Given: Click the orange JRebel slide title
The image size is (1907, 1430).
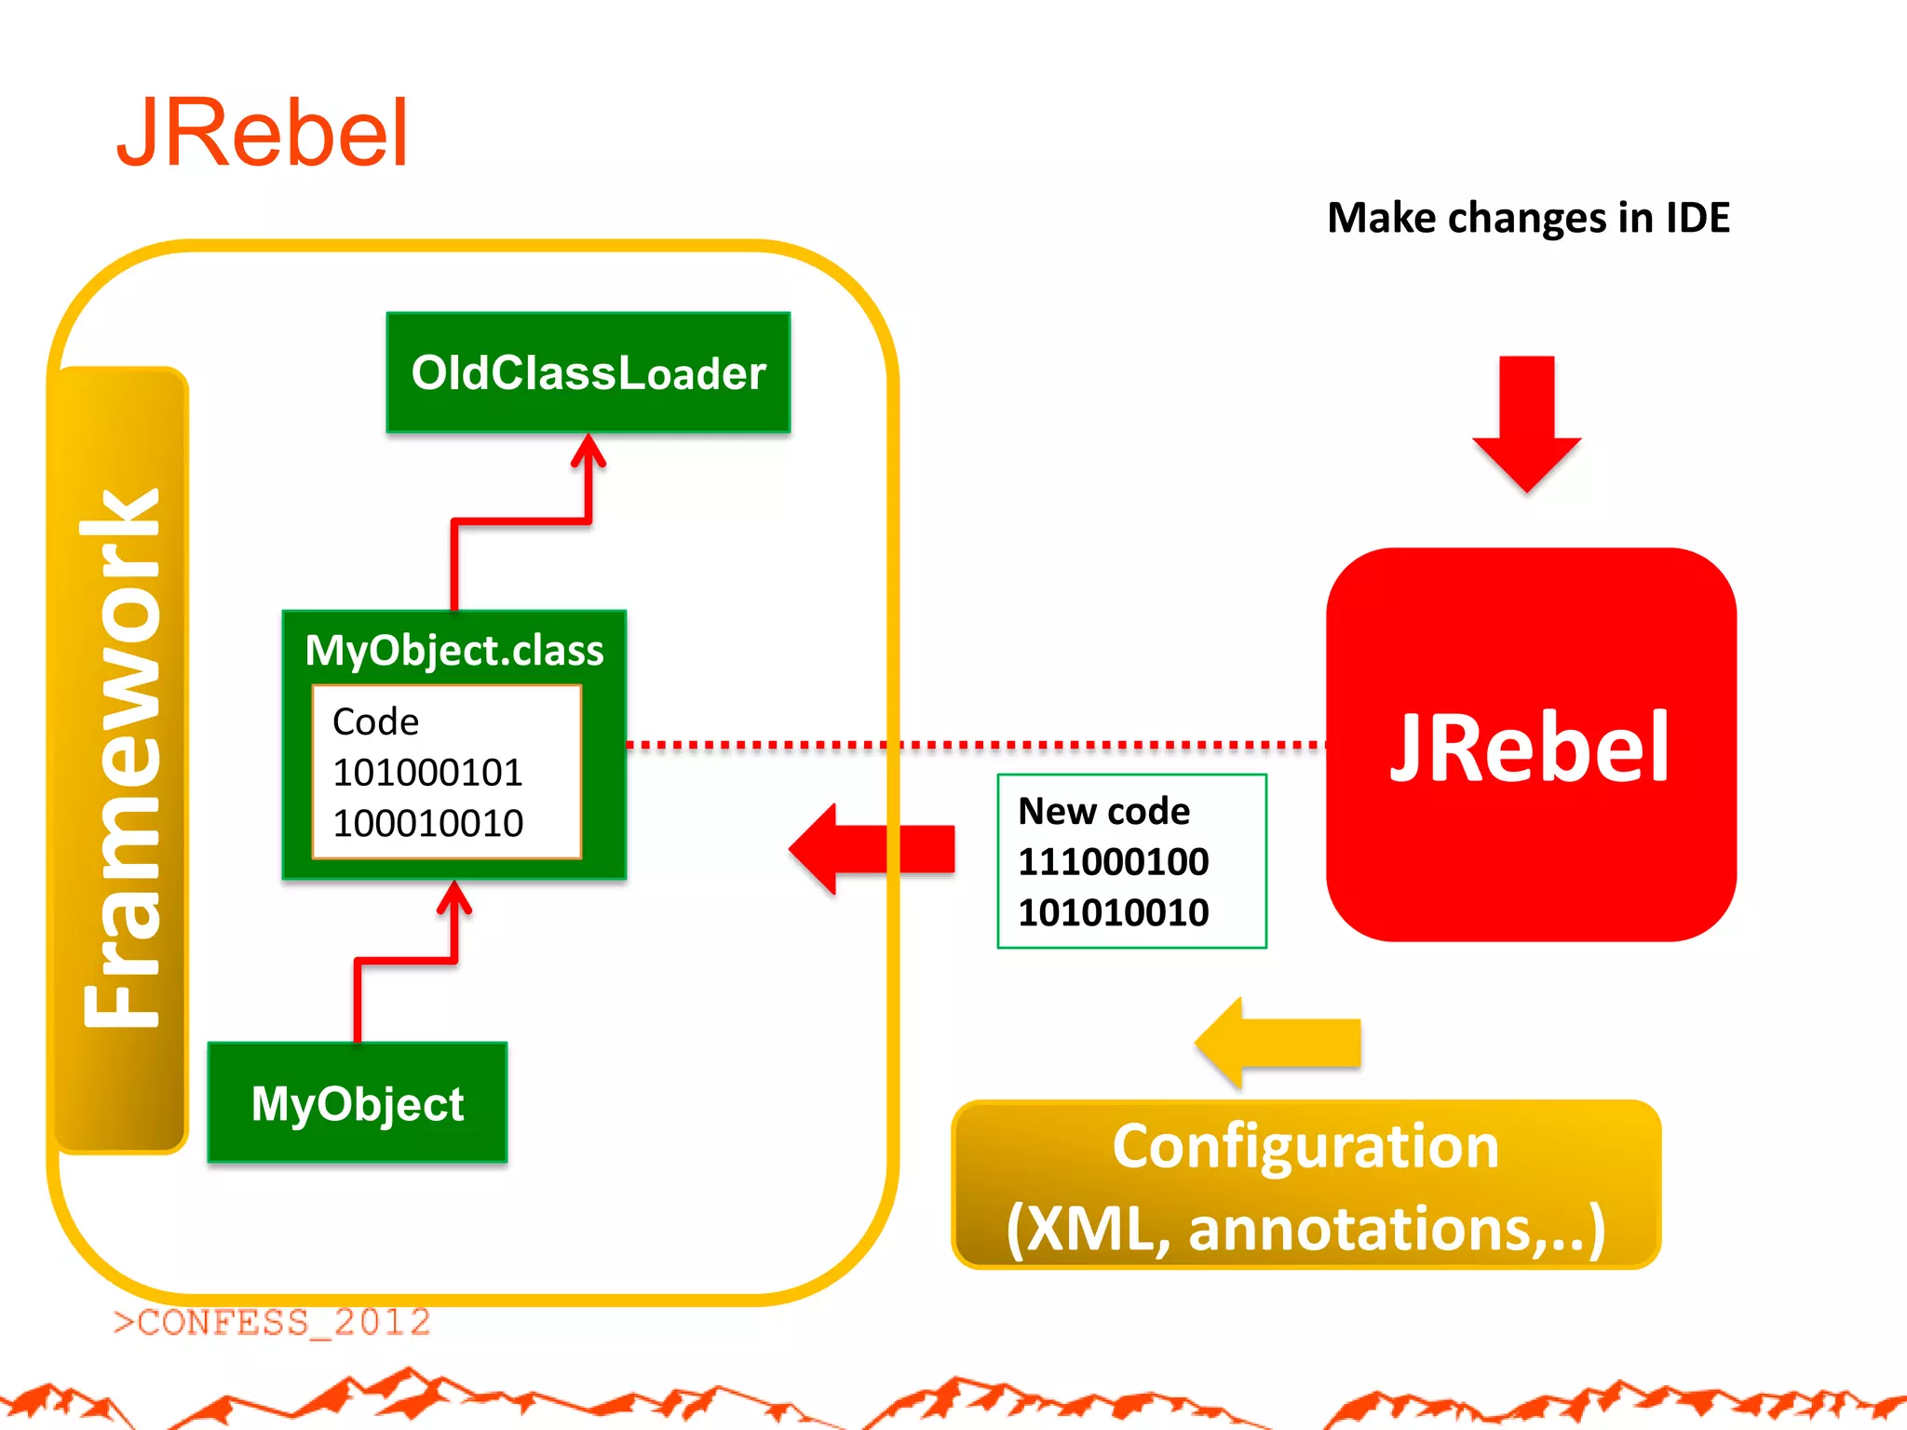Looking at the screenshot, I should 263,134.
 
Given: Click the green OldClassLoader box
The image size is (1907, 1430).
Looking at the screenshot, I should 588,372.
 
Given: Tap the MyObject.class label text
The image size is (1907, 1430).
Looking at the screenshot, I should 454,650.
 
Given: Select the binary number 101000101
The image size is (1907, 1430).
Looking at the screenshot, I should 427,772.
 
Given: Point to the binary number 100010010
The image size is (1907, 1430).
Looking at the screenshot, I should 427,823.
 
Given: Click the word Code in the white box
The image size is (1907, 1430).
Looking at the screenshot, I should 375,722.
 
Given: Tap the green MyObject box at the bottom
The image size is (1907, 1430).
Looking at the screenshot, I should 358,1103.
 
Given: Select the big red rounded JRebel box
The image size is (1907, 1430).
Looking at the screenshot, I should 1531,745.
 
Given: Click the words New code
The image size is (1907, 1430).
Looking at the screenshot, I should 1103,811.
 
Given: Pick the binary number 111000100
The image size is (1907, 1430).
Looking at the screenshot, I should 1113,861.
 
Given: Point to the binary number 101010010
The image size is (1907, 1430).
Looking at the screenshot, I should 1113,912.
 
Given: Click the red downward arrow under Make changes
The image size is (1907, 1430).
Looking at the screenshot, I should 1527,424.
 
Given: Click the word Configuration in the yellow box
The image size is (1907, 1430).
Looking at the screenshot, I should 1305,1146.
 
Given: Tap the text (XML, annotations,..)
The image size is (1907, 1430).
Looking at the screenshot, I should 1305,1229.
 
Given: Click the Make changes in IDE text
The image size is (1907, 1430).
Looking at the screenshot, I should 1528,218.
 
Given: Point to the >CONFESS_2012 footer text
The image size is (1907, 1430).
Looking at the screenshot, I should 272,1322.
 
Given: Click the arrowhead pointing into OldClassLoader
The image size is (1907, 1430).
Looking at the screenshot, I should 588,452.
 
